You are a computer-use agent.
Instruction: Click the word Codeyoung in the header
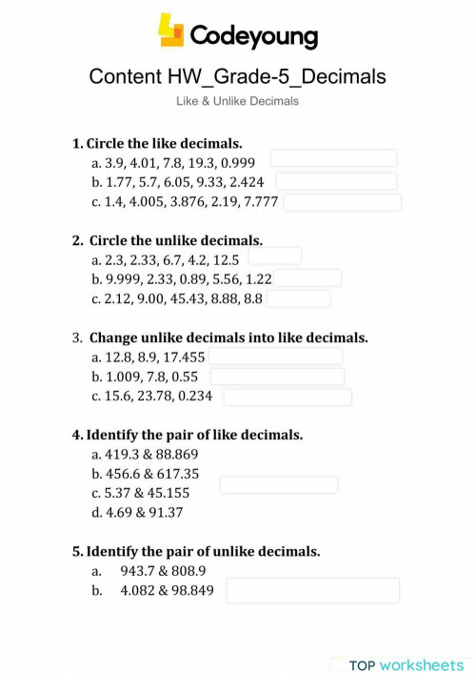pyautogui.click(x=254, y=35)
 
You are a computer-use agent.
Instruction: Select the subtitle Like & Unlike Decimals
pyautogui.click(x=238, y=101)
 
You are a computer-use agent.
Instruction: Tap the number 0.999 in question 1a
pyautogui.click(x=238, y=163)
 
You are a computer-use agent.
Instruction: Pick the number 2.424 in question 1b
pyautogui.click(x=246, y=181)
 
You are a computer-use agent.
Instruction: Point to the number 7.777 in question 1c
pyautogui.click(x=261, y=201)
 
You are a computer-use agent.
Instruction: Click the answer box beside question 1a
pyautogui.click(x=333, y=158)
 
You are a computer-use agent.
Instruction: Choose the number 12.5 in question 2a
pyautogui.click(x=225, y=258)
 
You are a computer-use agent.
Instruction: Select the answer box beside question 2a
pyautogui.click(x=274, y=255)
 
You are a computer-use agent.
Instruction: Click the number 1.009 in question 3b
pyautogui.click(x=123, y=377)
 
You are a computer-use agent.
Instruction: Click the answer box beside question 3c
pyautogui.click(x=287, y=397)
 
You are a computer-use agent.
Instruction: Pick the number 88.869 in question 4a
pyautogui.click(x=178, y=455)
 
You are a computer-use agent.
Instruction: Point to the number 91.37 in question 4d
pyautogui.click(x=163, y=512)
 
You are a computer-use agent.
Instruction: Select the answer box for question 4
pyautogui.click(x=278, y=484)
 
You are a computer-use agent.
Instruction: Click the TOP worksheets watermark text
pyautogui.click(x=406, y=664)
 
